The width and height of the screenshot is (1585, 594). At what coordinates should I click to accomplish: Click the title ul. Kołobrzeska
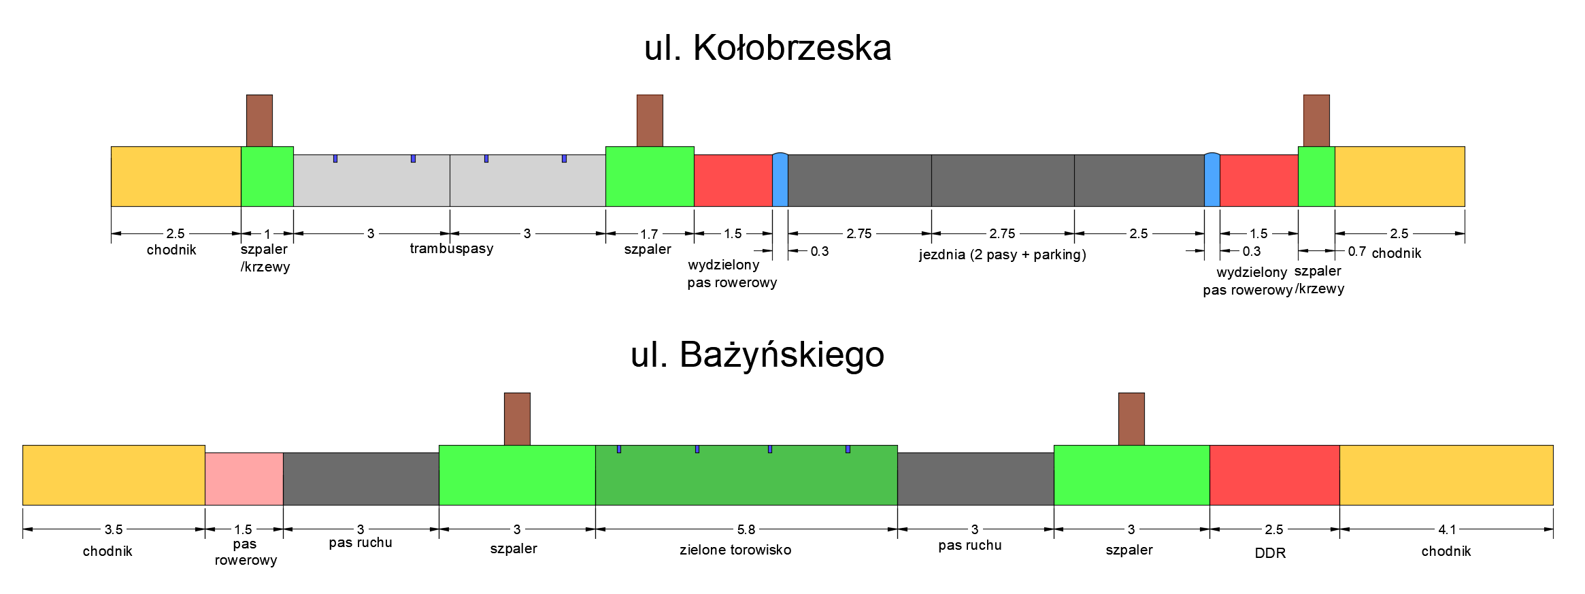coord(767,48)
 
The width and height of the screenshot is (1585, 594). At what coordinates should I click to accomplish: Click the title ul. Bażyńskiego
coord(757,355)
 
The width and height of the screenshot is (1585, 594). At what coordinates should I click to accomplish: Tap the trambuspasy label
coord(451,248)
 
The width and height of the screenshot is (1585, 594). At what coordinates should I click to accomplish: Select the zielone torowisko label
coord(735,550)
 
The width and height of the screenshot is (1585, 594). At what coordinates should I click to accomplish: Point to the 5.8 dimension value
coord(746,529)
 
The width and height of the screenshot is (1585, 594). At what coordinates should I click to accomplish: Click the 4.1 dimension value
coord(1447,529)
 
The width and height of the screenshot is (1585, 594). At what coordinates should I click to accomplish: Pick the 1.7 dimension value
coord(649,234)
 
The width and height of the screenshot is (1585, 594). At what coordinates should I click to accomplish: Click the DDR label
coord(1270,553)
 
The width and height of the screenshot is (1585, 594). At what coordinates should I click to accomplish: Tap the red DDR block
coord(1274,475)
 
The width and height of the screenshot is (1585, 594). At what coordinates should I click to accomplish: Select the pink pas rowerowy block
coord(244,479)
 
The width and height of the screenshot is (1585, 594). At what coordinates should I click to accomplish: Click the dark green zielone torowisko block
coord(746,476)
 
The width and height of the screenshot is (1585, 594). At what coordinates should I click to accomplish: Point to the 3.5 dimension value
coord(114,529)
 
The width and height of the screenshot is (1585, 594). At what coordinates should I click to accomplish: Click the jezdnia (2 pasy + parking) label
coord(1002,254)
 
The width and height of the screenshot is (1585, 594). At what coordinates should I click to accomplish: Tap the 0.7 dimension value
coord(1356,251)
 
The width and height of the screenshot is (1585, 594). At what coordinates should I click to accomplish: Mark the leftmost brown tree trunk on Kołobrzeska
coord(259,120)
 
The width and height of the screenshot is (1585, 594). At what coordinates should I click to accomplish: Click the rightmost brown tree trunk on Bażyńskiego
coord(1131,418)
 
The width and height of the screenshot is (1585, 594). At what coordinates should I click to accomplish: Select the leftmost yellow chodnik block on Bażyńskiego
coord(114,475)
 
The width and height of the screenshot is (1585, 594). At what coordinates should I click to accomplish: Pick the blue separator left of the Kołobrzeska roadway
coord(780,180)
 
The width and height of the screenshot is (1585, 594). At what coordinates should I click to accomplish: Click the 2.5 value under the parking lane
coord(1138,234)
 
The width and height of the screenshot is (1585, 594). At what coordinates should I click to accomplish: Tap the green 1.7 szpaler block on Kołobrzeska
coord(650,176)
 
